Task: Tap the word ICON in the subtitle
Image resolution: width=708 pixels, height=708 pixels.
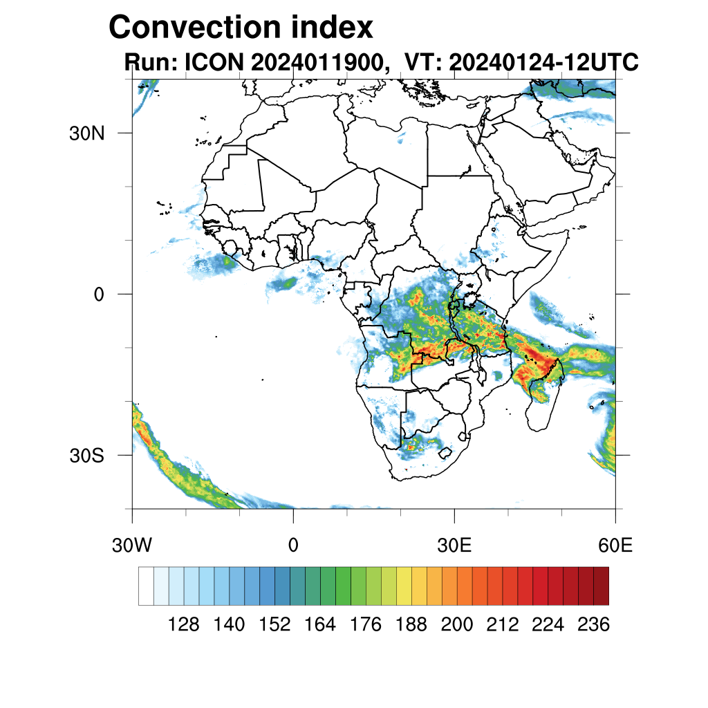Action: (x=212, y=62)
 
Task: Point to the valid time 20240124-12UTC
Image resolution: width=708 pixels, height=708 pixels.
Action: (x=543, y=62)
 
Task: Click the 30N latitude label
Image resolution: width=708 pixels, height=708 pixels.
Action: (x=86, y=133)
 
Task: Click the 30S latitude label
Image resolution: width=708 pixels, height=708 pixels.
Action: (x=86, y=456)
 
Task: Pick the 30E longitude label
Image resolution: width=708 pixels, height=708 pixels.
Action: (x=454, y=545)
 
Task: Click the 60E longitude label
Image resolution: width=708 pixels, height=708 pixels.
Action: (x=615, y=545)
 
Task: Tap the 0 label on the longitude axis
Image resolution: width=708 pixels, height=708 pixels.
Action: (x=293, y=545)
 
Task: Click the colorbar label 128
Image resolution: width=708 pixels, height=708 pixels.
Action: (x=183, y=625)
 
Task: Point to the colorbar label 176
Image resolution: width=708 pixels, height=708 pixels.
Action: (x=366, y=625)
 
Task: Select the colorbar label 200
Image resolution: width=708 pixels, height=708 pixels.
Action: (x=457, y=625)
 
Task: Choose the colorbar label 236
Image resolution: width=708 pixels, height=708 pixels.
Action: (x=593, y=625)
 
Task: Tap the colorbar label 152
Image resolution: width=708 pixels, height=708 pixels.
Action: (x=274, y=625)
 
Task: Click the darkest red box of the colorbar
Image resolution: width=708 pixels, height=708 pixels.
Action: (x=601, y=586)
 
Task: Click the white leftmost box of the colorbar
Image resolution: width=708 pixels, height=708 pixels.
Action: (x=146, y=586)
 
